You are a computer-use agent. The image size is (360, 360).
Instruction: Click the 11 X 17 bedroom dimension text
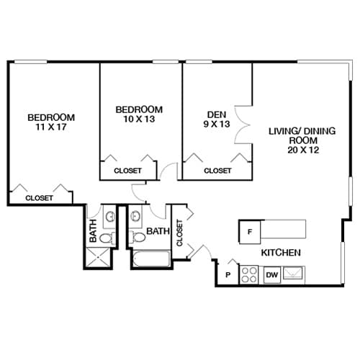click(50, 128)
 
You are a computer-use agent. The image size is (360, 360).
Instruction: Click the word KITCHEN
click(280, 253)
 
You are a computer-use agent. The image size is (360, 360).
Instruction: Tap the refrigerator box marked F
click(249, 231)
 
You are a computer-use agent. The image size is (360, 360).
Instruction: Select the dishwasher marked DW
click(272, 274)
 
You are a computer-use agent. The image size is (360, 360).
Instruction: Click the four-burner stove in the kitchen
click(249, 274)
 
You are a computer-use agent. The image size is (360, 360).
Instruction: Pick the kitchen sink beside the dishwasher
click(294, 274)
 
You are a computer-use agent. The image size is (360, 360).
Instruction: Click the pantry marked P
click(227, 274)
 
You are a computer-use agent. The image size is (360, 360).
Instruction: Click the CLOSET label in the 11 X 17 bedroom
click(39, 197)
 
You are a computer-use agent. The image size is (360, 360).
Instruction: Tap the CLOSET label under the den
click(217, 171)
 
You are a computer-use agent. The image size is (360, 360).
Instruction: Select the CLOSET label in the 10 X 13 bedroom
click(127, 171)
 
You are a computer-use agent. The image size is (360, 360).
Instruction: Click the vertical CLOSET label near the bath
click(179, 232)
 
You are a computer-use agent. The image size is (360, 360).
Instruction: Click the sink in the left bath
click(109, 215)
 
